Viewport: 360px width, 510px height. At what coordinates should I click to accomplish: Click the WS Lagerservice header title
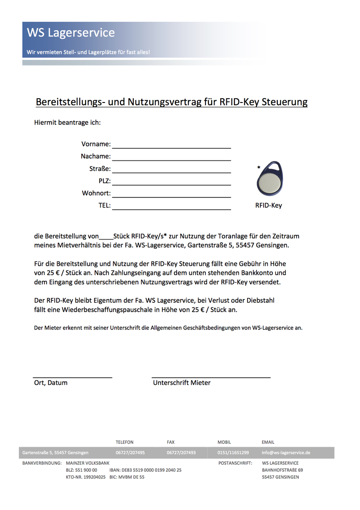tap(71, 33)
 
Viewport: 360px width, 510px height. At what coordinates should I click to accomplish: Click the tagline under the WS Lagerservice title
tap(88, 52)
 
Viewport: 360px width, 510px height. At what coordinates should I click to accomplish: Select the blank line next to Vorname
tap(171, 144)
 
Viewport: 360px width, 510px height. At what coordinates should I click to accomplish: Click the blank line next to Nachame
tap(171, 157)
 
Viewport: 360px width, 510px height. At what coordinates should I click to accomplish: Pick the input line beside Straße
tap(171, 169)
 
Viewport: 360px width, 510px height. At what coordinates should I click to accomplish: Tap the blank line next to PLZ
tap(171, 181)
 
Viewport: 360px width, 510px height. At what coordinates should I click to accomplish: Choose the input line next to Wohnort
tap(171, 194)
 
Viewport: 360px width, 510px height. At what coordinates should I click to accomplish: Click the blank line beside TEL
tap(171, 206)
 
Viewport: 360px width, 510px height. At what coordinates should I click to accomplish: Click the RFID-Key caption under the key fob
tap(268, 205)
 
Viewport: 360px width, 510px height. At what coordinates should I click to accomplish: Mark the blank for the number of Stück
tap(106, 237)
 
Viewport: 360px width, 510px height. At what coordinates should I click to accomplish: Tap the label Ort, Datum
tap(51, 382)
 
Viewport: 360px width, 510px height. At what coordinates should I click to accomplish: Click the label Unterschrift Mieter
tap(181, 382)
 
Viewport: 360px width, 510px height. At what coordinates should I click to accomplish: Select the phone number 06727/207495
tap(130, 452)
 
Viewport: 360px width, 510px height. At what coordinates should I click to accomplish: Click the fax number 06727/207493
tap(181, 452)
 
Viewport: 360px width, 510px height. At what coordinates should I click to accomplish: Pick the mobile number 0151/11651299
tap(233, 452)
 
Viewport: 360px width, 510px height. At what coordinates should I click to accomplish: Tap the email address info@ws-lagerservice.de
tap(286, 452)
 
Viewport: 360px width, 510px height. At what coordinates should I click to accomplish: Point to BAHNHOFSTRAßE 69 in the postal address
tap(283, 470)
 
